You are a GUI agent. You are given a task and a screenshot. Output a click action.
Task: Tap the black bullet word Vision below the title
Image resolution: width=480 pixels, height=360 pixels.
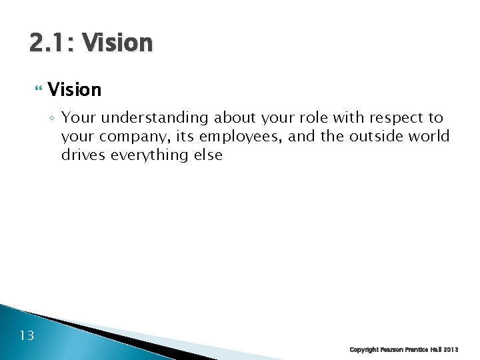(75, 89)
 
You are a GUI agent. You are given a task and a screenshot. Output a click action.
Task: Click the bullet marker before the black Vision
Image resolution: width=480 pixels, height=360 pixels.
(37, 89)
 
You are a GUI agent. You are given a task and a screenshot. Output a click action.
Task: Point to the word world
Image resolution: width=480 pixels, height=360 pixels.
(429, 137)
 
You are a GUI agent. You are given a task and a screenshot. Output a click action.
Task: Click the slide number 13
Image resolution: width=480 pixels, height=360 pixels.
(27, 335)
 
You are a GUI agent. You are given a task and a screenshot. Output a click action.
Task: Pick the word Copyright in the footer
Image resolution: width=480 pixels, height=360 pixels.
(365, 350)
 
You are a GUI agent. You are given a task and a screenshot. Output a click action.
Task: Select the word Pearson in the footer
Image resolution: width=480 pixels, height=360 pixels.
(395, 350)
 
